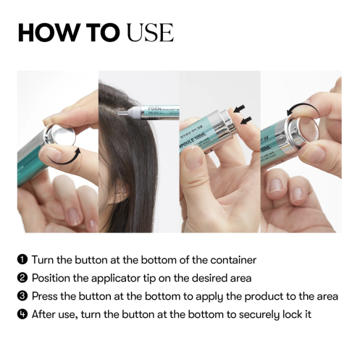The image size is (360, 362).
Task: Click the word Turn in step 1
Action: pos(45,259)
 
